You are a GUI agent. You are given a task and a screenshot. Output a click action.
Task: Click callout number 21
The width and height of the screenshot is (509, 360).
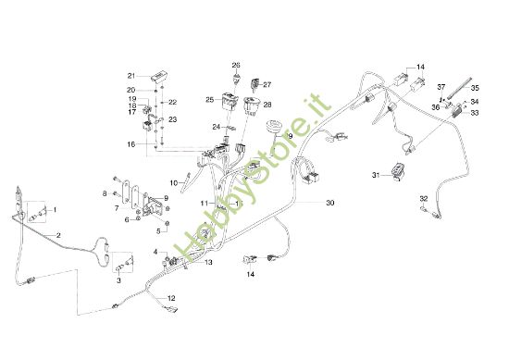click(x=131, y=75)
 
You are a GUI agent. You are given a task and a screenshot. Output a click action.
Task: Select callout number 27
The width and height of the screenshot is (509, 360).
click(x=267, y=84)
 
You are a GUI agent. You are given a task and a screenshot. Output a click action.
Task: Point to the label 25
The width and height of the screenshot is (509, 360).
click(x=210, y=98)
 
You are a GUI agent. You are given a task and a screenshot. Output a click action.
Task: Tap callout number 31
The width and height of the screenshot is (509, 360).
click(x=376, y=175)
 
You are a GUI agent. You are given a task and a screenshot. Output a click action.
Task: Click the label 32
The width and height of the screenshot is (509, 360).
click(x=423, y=198)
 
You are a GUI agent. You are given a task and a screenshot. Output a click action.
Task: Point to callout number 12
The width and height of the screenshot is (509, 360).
click(x=170, y=297)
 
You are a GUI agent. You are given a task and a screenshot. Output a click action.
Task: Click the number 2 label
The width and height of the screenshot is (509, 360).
click(x=58, y=235)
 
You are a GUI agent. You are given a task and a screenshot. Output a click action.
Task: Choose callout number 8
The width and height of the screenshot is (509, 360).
click(x=105, y=192)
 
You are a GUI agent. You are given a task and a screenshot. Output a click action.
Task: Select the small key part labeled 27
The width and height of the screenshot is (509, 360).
click(x=255, y=88)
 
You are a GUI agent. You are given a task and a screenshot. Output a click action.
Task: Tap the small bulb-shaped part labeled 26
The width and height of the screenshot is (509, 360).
click(x=236, y=78)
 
